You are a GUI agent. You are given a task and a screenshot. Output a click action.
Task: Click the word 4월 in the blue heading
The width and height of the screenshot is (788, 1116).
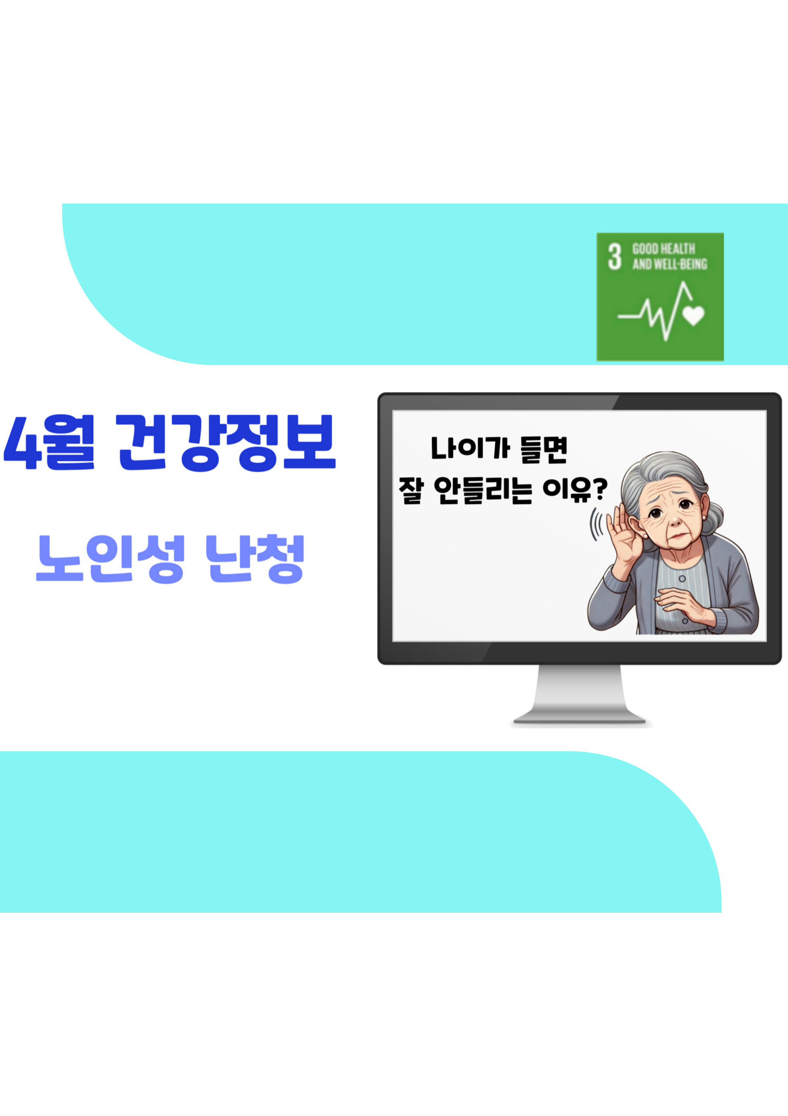48,442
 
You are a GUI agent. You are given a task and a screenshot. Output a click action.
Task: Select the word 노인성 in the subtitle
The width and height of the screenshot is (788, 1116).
110,559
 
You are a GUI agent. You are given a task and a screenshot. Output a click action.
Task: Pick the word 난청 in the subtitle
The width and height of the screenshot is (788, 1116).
255,559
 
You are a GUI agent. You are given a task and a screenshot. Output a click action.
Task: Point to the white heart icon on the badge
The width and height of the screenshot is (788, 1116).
693,315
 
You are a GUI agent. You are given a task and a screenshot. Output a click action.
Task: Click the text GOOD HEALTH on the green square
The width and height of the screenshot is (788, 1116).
663,249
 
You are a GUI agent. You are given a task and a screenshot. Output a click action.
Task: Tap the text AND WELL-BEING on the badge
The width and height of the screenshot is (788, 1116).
669,264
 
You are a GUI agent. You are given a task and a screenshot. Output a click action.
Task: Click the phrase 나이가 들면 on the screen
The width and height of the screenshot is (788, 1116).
499,449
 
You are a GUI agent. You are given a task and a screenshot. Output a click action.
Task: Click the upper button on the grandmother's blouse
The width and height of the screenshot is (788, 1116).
682,579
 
